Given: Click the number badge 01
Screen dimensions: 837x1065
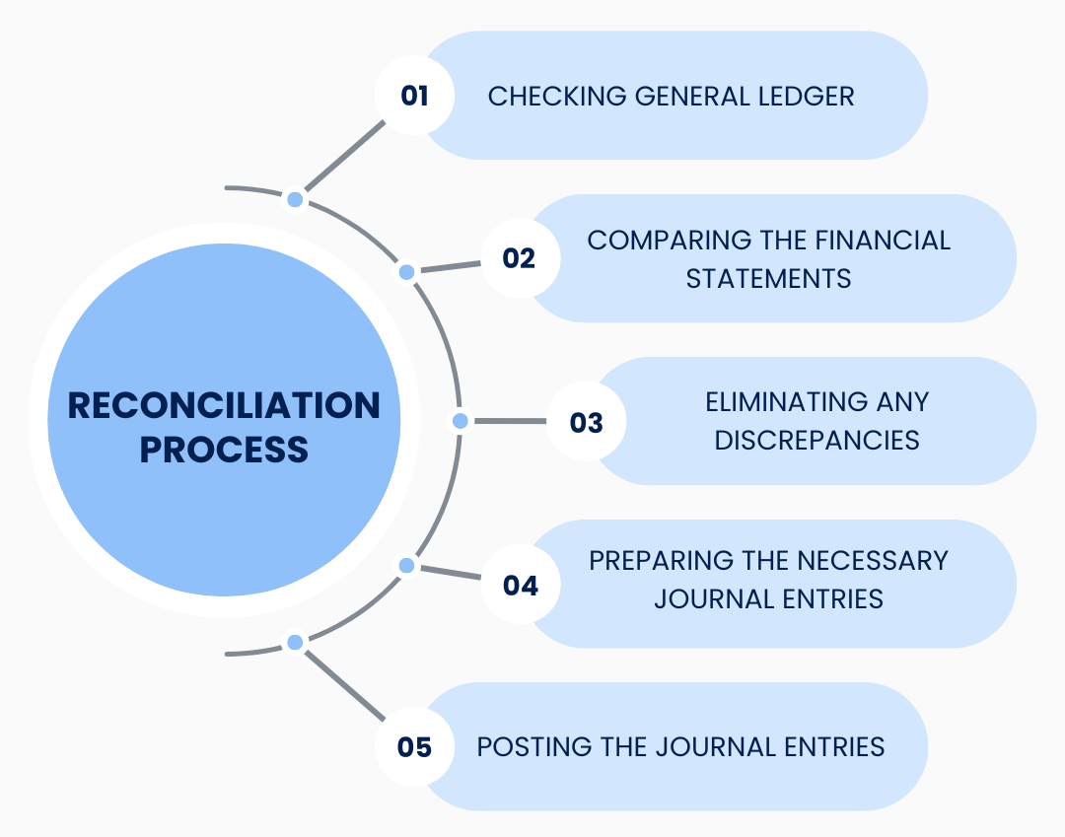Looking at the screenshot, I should tap(415, 96).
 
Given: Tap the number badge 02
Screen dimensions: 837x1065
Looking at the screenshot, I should tap(519, 258).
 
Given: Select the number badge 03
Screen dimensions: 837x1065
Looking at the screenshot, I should tap(586, 422).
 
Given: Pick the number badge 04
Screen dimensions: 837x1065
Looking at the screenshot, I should tap(520, 585).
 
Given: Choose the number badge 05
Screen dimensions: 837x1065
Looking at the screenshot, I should tap(415, 747).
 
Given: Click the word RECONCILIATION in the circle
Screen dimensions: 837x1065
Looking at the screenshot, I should tap(224, 405).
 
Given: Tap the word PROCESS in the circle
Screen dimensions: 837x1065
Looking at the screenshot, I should tap(224, 450).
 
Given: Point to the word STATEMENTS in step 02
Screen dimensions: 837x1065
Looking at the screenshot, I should tap(768, 278).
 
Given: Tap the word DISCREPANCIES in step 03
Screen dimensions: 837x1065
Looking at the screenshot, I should tap(816, 440).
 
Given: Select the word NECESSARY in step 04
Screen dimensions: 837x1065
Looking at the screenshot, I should tap(870, 560).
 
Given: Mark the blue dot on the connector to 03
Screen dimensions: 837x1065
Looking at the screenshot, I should tap(460, 421).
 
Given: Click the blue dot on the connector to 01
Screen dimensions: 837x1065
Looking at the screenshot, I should tap(295, 200).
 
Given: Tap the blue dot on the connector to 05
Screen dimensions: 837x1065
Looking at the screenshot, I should tap(295, 642).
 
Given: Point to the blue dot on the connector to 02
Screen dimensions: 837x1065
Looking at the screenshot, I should tap(406, 271).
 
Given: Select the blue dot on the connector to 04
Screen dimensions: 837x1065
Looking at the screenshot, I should tap(406, 565).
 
